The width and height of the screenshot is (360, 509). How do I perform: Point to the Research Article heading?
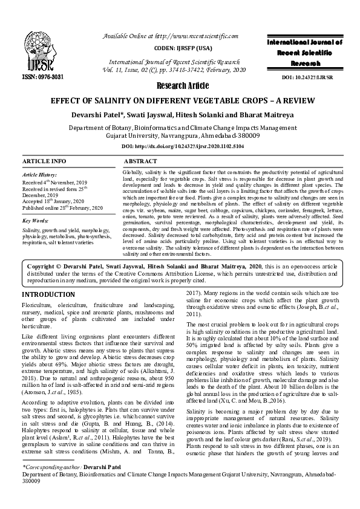click(180, 85)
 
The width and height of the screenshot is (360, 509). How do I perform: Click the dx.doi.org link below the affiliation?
click(180, 147)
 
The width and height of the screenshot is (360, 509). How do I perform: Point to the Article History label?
click(39, 174)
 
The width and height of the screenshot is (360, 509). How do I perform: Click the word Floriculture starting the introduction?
click(36, 306)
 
